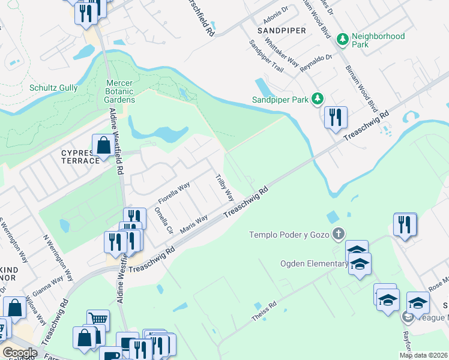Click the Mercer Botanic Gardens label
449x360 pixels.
tap(120, 91)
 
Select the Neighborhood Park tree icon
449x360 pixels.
tap(343, 40)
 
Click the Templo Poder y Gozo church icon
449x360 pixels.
tap(339, 234)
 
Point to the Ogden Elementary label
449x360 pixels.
tap(311, 263)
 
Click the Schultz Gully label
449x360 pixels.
tap(53, 88)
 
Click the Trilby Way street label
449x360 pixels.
tap(225, 187)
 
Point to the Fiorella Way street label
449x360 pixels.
tap(173, 191)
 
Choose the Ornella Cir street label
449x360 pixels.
tap(163, 220)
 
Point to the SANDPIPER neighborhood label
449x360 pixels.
tap(282, 30)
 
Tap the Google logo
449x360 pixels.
tap(19, 353)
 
